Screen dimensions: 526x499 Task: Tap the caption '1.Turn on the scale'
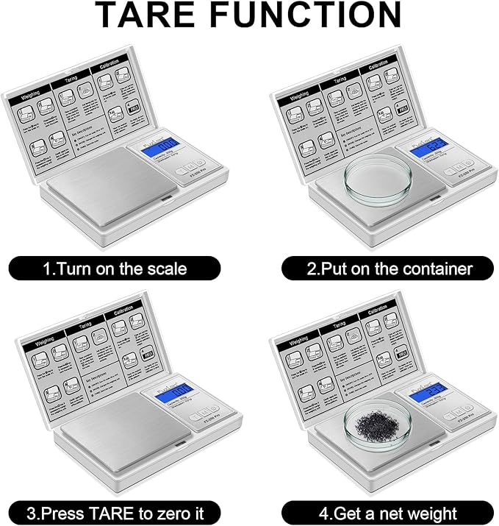pos(114,268)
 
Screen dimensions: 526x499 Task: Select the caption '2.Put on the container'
pos(389,268)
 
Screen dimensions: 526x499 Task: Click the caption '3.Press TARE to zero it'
pos(114,512)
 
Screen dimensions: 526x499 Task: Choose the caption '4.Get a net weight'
pos(389,512)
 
